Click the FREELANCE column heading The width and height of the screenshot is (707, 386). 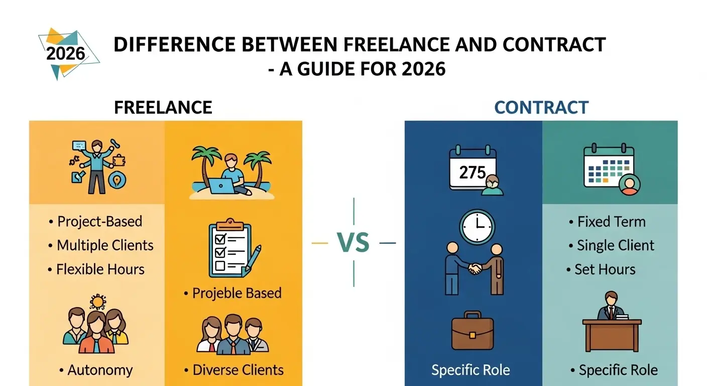163,107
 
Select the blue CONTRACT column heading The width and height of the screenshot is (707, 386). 541,107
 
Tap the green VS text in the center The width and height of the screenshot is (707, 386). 353,243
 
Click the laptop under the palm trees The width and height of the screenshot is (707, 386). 221,185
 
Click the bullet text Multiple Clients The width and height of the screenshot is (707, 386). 105,245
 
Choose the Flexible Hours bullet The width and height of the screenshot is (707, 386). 100,269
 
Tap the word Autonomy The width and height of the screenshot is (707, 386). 100,370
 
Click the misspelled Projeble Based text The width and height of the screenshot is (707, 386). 237,293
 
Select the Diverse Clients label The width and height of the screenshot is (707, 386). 238,370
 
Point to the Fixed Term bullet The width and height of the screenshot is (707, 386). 611,222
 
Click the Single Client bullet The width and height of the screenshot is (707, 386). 615,245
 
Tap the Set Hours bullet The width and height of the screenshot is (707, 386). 605,269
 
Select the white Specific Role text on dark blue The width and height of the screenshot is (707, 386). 470,370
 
